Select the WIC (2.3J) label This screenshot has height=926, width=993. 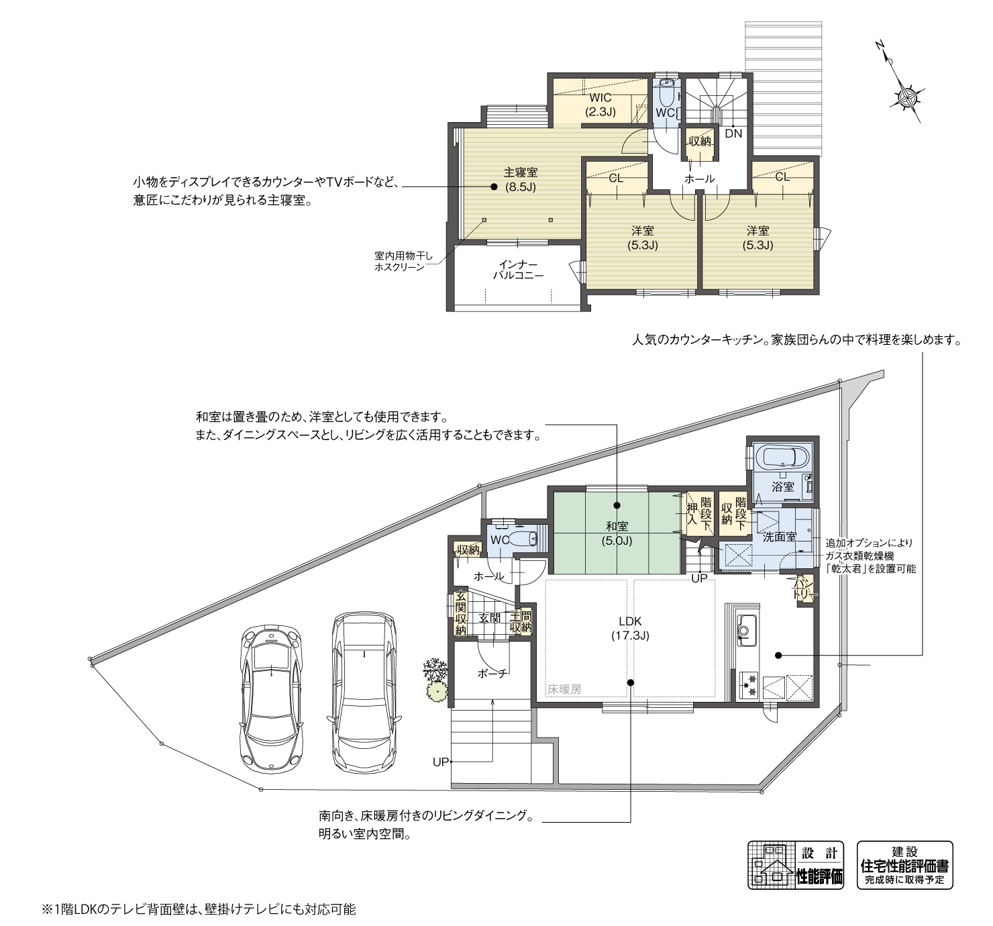(600, 105)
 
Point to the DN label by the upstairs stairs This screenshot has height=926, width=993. (733, 134)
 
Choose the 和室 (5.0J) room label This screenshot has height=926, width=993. (617, 533)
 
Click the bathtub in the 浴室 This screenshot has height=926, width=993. (782, 459)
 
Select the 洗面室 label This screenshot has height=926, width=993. (779, 537)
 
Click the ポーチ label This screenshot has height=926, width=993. (492, 673)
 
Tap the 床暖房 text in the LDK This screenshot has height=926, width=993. (564, 688)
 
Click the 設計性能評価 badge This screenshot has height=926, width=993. (796, 865)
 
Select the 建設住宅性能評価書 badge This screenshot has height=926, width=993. (904, 865)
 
